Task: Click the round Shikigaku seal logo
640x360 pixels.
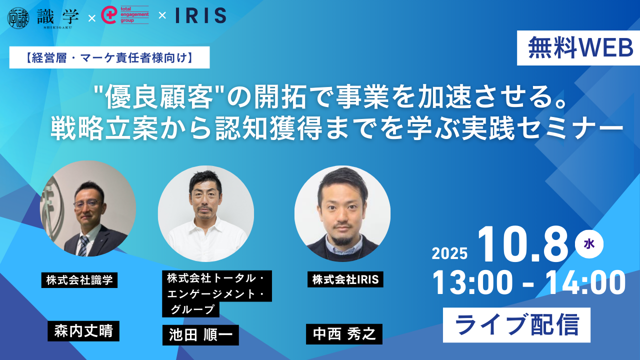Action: (18, 17)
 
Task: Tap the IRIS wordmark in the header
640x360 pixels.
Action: (201, 15)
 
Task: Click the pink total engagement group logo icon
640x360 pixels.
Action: (108, 15)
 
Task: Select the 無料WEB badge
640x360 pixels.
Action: (578, 48)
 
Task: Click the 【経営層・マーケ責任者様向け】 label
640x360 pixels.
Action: (109, 57)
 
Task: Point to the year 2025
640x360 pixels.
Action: (449, 253)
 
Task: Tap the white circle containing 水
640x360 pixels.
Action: (589, 244)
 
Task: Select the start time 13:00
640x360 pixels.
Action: (472, 283)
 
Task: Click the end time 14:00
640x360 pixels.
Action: (585, 283)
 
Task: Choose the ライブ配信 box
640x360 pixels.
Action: (516, 325)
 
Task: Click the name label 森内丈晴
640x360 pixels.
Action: (83, 331)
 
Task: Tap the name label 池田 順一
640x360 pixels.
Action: (200, 335)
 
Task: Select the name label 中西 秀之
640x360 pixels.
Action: (344, 334)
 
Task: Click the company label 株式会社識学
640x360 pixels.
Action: (79, 280)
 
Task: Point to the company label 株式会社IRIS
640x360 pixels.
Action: (345, 279)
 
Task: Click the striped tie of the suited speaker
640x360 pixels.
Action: (83, 245)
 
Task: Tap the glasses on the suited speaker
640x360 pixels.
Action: (86, 204)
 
